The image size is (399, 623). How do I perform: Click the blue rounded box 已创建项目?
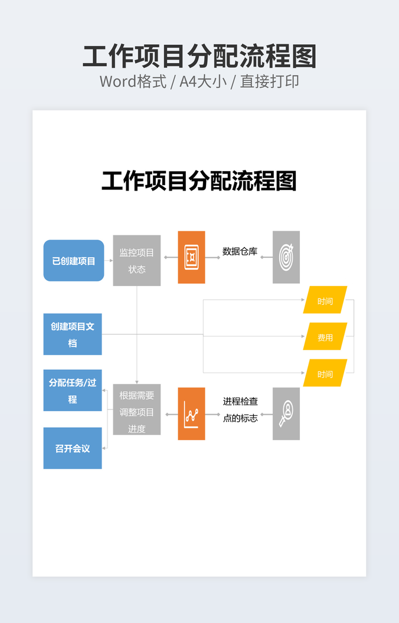coord(74,260)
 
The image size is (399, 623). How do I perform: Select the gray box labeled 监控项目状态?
coord(136,260)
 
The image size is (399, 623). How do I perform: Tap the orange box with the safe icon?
coord(191,257)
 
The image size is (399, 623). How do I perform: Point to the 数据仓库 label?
coord(240,251)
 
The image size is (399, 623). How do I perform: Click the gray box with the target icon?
coord(286,257)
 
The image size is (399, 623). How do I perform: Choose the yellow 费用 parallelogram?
coord(325,337)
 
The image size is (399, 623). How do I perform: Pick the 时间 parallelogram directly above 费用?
coord(325,301)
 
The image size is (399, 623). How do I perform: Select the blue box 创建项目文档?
coord(73,334)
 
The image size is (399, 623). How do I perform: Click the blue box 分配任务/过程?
coord(73,391)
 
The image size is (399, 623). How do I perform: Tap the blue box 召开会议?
coord(73,448)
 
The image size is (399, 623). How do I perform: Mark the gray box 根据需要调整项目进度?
coord(136,412)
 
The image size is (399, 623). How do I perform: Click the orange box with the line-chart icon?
coord(191,414)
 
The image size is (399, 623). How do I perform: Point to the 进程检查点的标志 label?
coord(240,409)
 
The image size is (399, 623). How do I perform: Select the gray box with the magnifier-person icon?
coord(286,414)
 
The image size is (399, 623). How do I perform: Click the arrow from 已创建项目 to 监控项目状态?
coord(109,260)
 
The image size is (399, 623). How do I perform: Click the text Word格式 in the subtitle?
coord(133,81)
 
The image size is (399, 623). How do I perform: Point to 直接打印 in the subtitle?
coord(269,81)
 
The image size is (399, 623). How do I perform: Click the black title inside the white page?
coord(199,181)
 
